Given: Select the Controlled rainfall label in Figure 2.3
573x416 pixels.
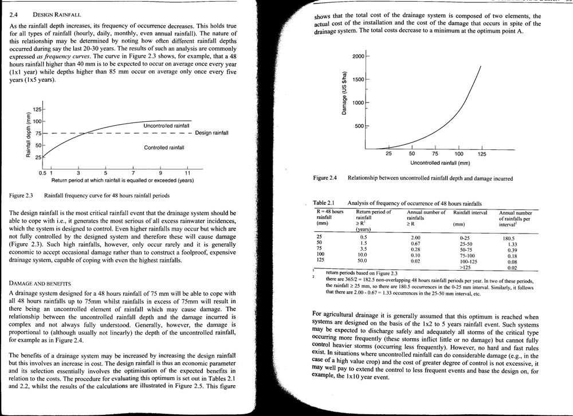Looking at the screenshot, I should (164, 148).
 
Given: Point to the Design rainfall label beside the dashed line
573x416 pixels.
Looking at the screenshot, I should (211, 133).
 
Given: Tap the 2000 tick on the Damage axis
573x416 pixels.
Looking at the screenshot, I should (358, 57).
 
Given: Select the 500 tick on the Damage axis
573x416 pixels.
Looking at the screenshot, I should (360, 126).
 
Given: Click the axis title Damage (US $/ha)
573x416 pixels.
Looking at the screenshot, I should (345, 92).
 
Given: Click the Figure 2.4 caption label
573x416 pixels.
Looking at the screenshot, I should (325, 179).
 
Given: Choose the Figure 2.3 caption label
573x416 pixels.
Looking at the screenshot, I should (21, 196).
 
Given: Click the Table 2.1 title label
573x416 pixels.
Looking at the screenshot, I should (324, 203).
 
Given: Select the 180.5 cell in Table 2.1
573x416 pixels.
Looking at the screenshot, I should (508, 237).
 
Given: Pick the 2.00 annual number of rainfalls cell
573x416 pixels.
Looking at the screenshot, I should (416, 237).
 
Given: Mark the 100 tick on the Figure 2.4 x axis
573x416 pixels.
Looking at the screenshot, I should (459, 154).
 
